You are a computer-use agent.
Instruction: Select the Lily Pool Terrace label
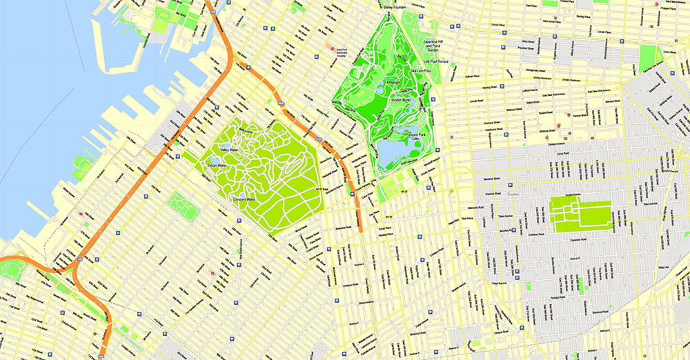436,61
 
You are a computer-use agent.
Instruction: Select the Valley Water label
233,150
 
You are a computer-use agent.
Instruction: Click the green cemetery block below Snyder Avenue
580,216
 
